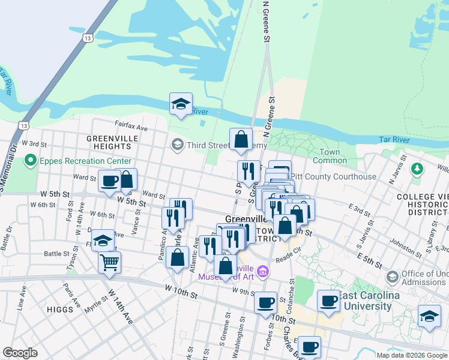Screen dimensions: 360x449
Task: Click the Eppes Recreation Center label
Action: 85,161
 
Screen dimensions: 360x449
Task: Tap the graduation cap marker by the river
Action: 181,104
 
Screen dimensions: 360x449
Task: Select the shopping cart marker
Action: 109,262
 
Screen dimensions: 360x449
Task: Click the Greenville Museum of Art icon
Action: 263,273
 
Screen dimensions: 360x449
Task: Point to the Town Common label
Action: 330,156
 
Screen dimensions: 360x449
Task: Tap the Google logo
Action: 20,353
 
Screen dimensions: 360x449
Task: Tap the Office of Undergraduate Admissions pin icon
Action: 393,277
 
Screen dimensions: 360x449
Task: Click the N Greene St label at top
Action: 265,21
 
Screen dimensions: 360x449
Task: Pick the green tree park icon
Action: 416,170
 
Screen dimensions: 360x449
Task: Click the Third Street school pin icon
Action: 178,145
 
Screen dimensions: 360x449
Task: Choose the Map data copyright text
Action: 411,355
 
